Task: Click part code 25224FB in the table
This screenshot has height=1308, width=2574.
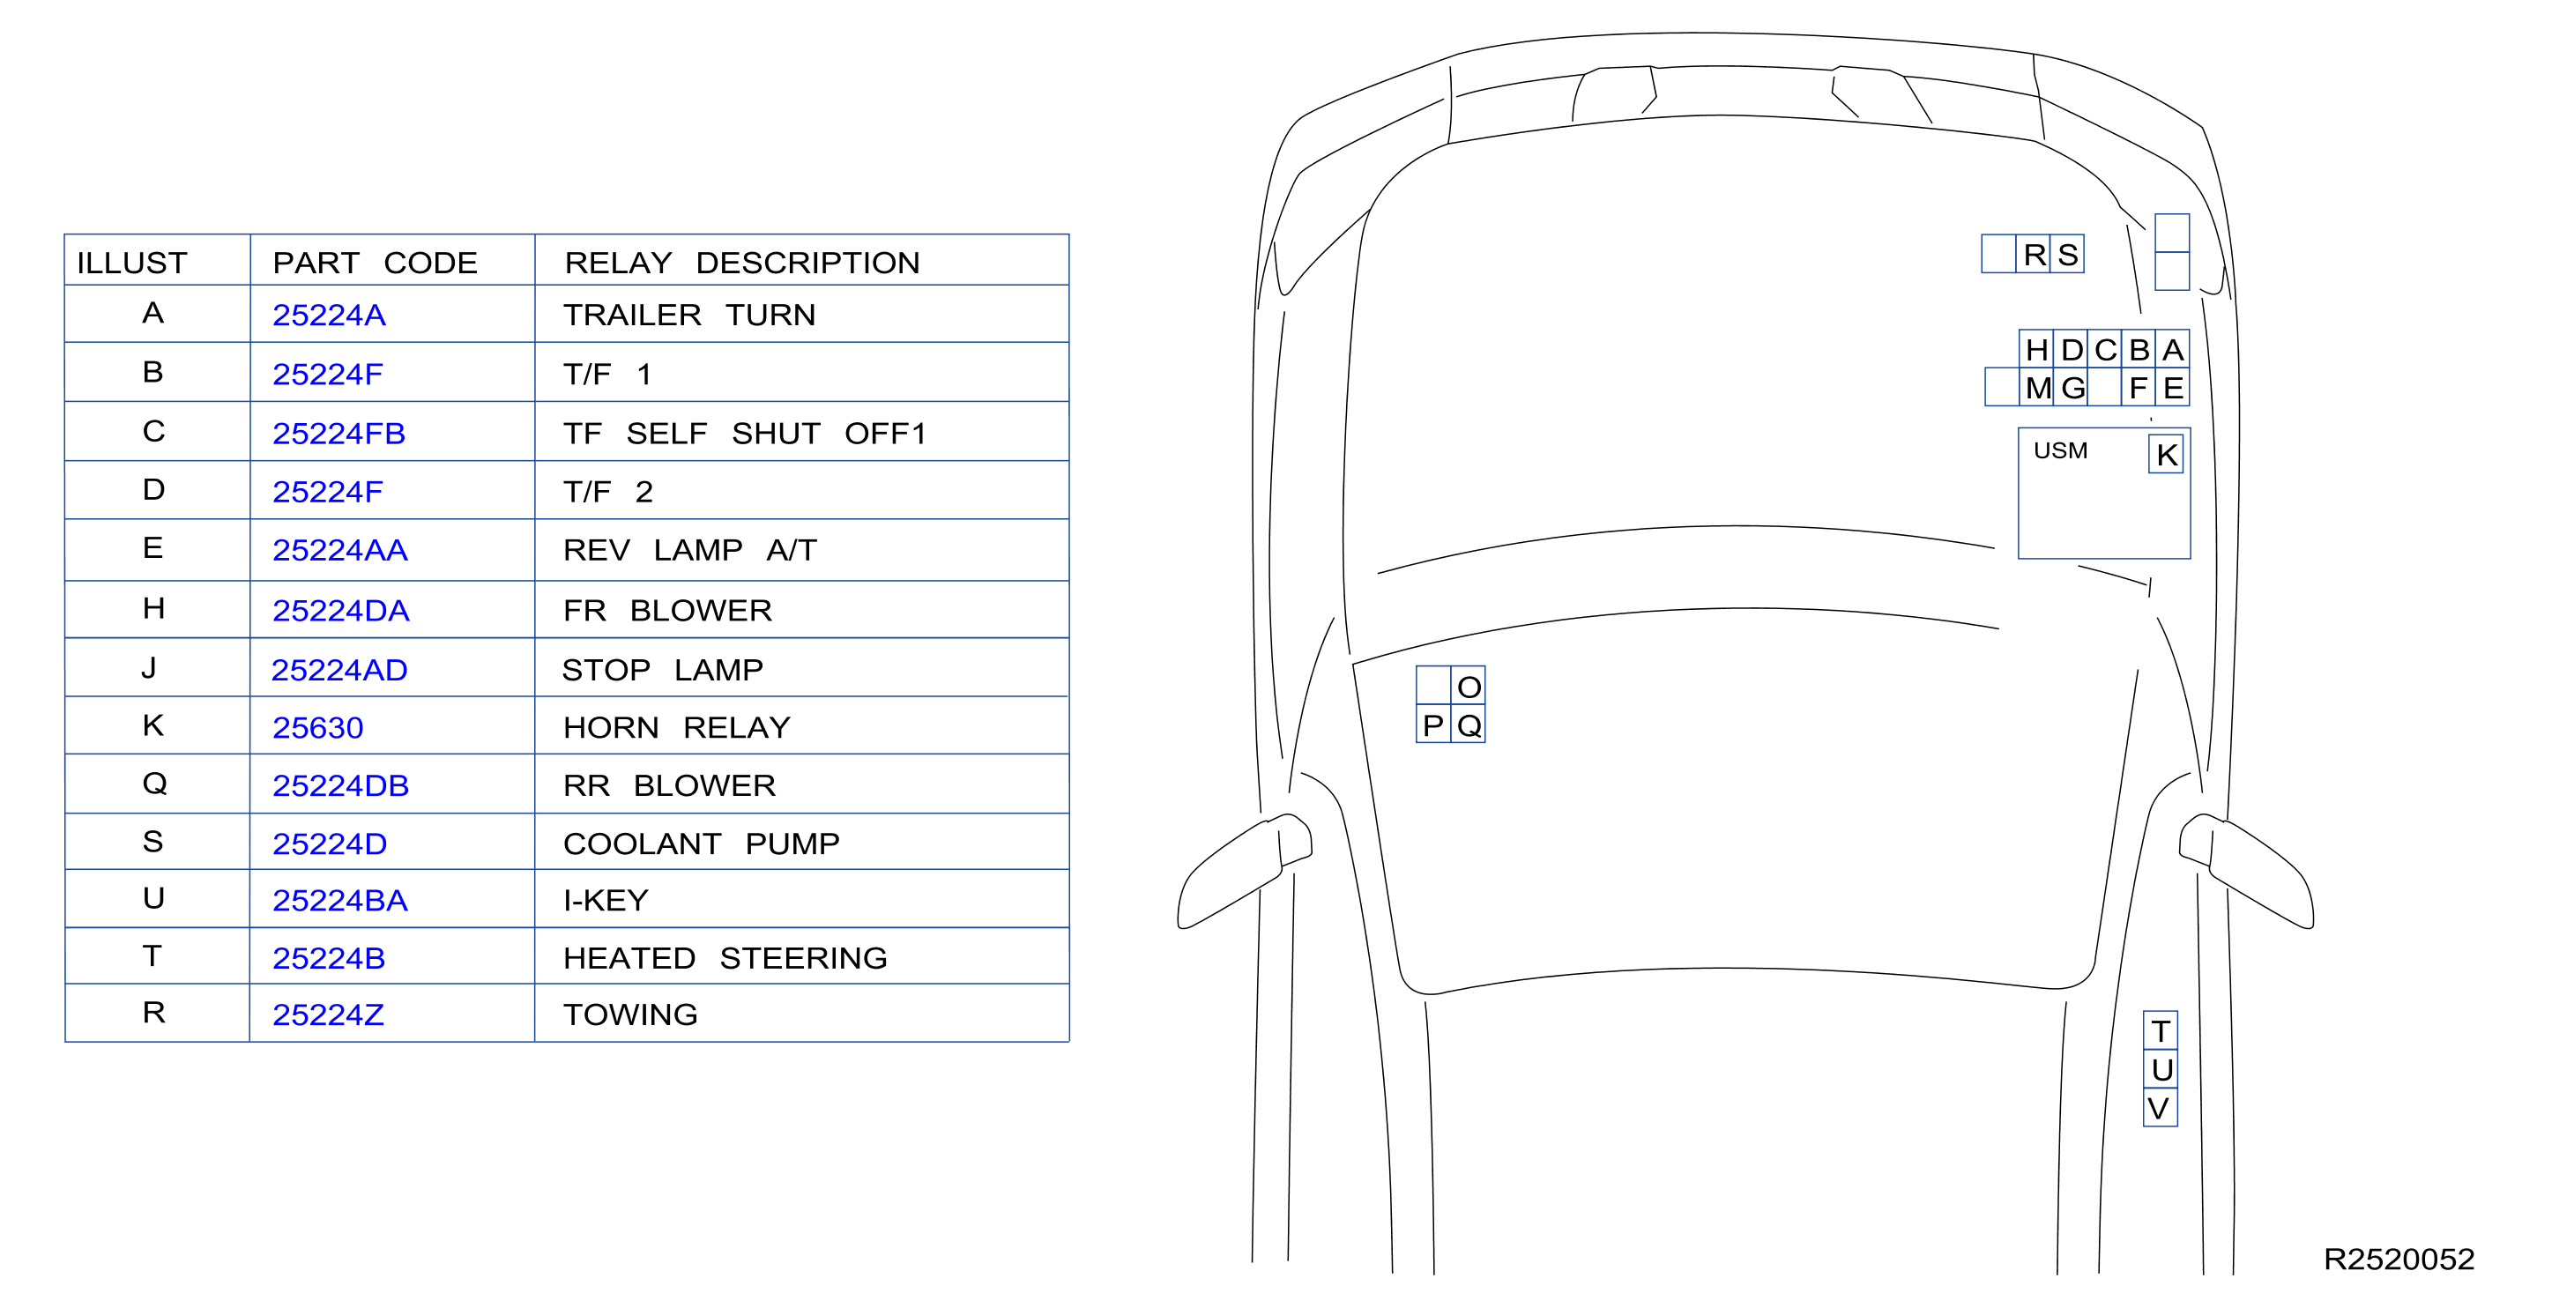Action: pos(338,434)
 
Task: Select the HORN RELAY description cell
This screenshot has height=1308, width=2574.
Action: pos(676,727)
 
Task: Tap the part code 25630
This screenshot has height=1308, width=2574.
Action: pos(317,727)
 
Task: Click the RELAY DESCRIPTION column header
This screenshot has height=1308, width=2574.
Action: pos(741,263)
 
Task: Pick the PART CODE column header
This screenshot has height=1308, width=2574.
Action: pos(375,263)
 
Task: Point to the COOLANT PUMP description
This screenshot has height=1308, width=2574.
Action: pos(702,844)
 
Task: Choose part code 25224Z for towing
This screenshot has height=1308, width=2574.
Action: pos(328,1015)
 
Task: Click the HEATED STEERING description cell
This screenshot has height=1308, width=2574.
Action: pos(725,958)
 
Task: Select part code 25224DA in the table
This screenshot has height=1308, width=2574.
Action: pos(341,611)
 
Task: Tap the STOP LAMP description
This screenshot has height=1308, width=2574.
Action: pos(663,670)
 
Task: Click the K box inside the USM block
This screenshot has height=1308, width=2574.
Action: pos(2167,455)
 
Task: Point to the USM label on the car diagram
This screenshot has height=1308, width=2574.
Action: pos(2060,450)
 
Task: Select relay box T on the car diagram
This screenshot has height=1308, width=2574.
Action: pos(2161,1030)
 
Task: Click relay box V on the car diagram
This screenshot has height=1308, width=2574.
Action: pos(2161,1107)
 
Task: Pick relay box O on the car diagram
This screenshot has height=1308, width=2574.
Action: pos(1468,687)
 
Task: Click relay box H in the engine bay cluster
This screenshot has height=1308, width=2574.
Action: pos(2036,350)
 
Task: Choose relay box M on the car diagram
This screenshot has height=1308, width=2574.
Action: pos(2036,388)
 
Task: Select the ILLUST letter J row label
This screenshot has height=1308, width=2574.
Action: pos(149,667)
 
